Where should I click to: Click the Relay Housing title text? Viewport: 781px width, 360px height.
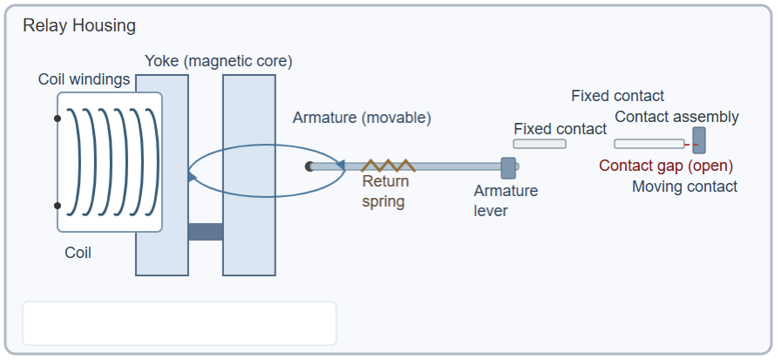point(79,25)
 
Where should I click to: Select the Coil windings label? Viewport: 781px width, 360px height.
point(84,79)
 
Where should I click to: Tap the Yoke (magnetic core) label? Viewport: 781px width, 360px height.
point(218,61)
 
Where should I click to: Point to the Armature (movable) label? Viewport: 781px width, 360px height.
point(362,118)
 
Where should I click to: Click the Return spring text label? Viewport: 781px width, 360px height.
point(384,192)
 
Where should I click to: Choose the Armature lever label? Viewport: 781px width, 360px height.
point(506,200)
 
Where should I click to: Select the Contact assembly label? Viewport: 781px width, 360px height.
point(676,117)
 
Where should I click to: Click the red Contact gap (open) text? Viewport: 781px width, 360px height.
point(666,166)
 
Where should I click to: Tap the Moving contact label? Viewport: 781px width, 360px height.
point(684,187)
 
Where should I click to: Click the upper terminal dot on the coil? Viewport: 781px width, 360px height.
point(58,119)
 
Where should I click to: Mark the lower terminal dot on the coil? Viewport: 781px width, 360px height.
point(58,206)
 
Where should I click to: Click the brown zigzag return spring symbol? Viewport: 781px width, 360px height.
point(388,165)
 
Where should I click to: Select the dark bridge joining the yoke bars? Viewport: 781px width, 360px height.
point(206,232)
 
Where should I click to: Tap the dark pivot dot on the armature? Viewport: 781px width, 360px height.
point(309,166)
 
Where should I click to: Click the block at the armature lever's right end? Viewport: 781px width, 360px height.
point(508,167)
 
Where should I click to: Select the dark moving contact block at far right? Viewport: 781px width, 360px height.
point(699,139)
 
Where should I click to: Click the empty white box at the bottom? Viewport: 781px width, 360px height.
point(179,323)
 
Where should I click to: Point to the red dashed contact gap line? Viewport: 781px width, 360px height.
point(689,144)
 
